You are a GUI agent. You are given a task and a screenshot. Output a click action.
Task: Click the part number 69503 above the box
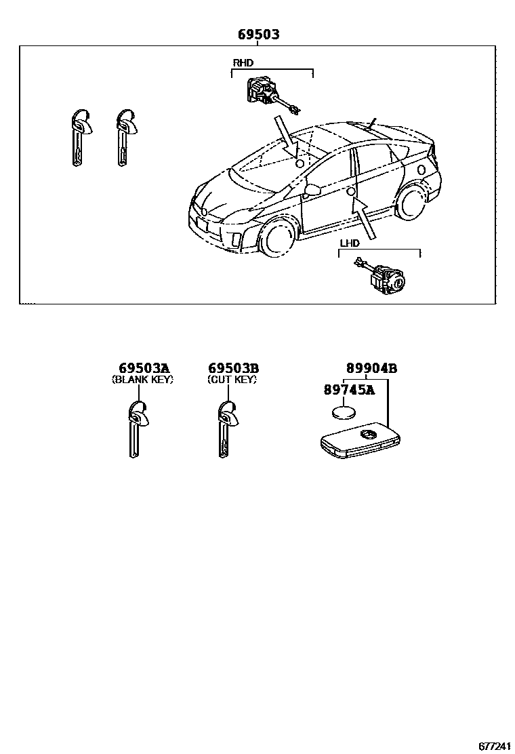[x=258, y=35]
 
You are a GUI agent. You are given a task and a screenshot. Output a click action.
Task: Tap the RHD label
[x=243, y=63]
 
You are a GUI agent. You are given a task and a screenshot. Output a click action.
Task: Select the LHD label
[x=350, y=243]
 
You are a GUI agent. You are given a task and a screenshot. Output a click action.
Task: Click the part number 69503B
[x=233, y=369]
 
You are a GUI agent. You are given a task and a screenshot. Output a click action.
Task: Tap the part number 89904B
[x=371, y=369]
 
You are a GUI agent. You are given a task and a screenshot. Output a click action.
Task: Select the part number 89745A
[x=349, y=390]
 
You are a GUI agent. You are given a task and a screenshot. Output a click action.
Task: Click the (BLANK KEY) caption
[x=142, y=380]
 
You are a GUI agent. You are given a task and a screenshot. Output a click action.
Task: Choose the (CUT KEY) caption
[x=232, y=380]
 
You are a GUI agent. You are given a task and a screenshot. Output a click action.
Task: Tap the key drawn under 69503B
[x=226, y=427]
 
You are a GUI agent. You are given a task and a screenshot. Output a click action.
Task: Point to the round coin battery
[x=346, y=413]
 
